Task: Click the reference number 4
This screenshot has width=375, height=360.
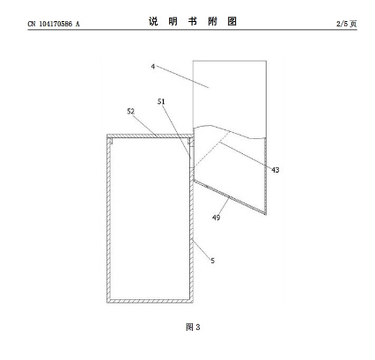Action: tap(153, 66)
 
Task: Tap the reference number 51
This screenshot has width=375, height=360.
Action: tap(161, 101)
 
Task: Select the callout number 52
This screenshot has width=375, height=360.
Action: tap(130, 111)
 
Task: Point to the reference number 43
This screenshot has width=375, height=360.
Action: tap(276, 170)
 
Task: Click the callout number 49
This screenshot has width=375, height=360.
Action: tap(216, 217)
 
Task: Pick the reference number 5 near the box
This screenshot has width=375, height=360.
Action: tap(213, 261)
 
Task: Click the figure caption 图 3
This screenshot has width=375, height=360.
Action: tap(193, 327)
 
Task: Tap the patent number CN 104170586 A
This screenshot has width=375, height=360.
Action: tap(54, 24)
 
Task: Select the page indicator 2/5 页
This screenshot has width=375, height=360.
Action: tap(347, 24)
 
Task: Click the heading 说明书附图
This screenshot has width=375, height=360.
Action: tap(193, 21)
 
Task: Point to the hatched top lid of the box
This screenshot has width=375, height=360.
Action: tap(150, 136)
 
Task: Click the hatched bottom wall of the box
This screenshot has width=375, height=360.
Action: tap(150, 301)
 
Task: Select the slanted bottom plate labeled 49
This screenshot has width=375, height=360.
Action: tap(230, 197)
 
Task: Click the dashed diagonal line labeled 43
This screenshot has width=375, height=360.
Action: tap(211, 150)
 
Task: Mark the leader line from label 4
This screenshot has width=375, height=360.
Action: tap(182, 77)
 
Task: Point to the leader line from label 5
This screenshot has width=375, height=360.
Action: tap(201, 249)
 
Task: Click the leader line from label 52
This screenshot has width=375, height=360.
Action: tap(145, 126)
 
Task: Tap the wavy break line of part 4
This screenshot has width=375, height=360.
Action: tap(230, 131)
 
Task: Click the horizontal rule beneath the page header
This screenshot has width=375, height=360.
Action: tap(193, 30)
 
